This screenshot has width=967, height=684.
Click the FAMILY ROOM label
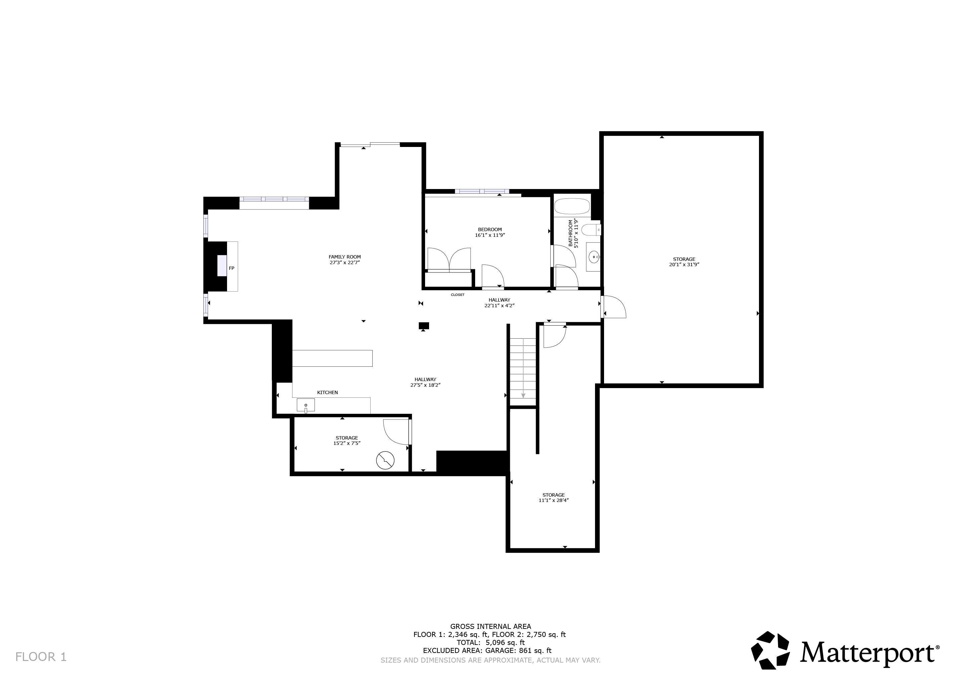point(345,256)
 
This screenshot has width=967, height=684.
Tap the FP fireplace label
point(231,268)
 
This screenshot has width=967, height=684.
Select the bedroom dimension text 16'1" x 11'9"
point(490,235)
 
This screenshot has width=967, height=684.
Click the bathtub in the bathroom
point(572,207)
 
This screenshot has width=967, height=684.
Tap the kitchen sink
point(306,405)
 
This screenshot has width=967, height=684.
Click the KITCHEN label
point(327,392)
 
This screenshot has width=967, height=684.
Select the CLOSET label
point(457,295)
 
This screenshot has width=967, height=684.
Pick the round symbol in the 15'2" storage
point(385,460)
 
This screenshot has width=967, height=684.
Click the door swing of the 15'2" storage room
point(396,432)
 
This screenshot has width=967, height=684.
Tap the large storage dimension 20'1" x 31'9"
point(684,265)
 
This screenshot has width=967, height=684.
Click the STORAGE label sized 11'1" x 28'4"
point(553,495)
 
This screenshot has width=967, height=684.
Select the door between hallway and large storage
point(613,307)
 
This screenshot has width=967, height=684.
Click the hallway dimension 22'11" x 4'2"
point(499,305)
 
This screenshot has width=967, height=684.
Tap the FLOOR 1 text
point(41,657)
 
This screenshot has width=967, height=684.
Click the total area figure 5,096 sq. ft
point(505,642)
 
